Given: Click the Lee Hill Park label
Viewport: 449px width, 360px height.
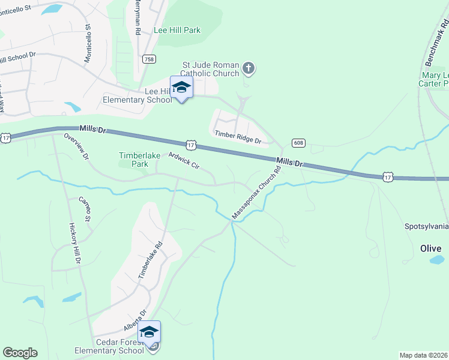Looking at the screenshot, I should [176, 30].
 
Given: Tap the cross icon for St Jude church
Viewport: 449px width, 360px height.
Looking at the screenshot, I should [249, 69].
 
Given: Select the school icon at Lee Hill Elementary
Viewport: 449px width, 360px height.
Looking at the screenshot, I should [181, 88].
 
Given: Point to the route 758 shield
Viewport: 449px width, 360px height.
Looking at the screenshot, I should [149, 59].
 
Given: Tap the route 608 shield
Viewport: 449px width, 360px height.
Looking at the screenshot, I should [298, 142].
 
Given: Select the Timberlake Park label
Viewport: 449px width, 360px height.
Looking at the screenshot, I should [140, 160].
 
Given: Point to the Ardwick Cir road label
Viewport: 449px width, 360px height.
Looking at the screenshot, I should [184, 161].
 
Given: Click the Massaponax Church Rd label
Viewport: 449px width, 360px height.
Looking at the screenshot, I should [258, 192].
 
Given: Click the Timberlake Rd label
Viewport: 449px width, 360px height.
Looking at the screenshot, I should [151, 259].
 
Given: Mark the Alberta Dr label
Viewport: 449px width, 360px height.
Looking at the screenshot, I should [135, 321].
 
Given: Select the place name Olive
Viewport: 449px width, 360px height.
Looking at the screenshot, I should [430, 248].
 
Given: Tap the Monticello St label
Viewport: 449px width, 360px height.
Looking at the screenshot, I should [88, 43].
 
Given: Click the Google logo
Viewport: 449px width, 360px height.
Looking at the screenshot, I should [20, 353].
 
